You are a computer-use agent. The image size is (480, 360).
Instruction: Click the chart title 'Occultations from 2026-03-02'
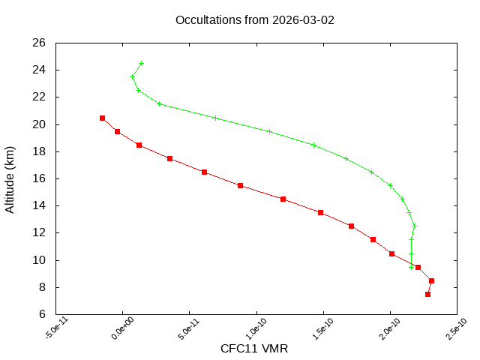(254, 19)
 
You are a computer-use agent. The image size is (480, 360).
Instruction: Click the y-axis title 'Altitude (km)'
(10, 178)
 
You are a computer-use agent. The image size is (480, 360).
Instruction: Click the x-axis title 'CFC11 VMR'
(254, 349)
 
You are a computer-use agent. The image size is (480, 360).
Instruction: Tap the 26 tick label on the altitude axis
(40, 43)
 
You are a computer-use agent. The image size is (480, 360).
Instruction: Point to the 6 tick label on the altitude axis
(43, 314)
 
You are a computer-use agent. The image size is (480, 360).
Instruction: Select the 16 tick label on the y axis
(40, 178)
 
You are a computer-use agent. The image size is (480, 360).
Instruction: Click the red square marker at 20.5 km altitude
(102, 118)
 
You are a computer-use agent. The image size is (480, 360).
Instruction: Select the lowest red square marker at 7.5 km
(427, 294)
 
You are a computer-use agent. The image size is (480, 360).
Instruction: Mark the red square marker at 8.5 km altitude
(431, 280)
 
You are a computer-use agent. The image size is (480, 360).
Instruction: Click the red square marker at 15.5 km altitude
(240, 185)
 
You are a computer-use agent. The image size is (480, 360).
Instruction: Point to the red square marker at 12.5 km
(351, 226)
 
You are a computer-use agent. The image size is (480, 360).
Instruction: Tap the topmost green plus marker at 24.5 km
(141, 63)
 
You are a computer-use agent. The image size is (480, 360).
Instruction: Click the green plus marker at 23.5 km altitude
(132, 76)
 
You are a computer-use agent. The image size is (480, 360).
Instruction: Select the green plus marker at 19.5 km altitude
(268, 131)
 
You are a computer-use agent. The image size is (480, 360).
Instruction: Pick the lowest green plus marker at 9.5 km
(411, 267)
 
